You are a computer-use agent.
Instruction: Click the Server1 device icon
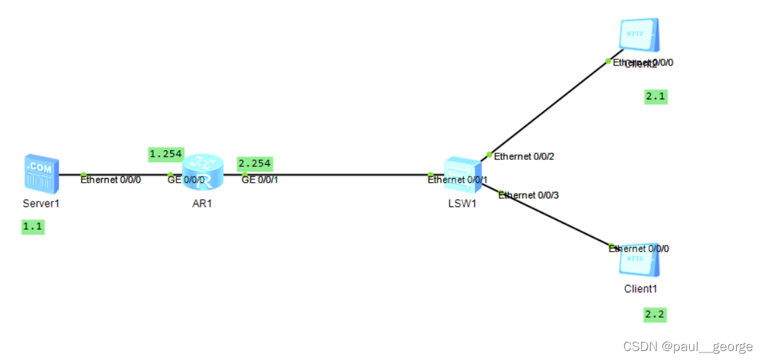(41, 172)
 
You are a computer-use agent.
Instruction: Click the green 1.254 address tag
(166, 153)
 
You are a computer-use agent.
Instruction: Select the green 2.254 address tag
(254, 164)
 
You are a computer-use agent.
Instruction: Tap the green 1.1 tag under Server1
(33, 226)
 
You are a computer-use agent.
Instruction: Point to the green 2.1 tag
(655, 97)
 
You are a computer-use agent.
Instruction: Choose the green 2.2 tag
(655, 315)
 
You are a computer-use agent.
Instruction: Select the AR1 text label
(203, 203)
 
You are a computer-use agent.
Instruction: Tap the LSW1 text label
(462, 203)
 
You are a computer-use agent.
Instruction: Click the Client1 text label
(640, 289)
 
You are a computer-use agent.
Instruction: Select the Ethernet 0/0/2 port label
(525, 157)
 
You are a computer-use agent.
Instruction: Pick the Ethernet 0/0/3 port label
(529, 195)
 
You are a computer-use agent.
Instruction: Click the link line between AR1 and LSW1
(331, 174)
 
